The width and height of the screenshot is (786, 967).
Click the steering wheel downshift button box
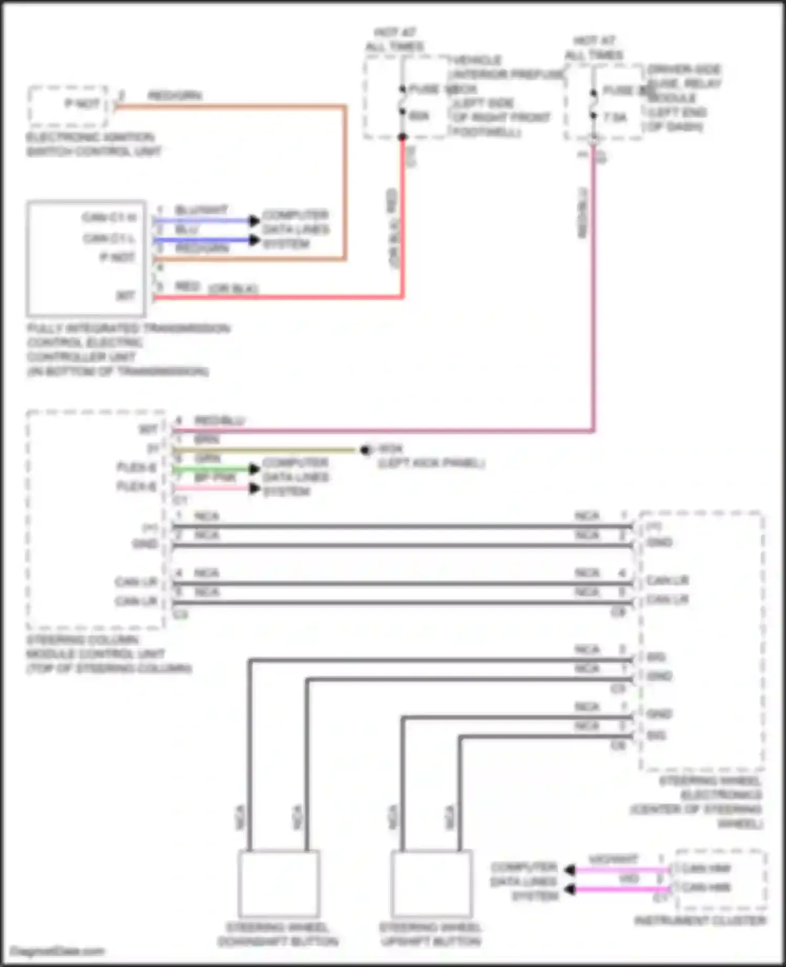[x=279, y=884]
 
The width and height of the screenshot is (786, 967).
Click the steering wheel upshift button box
[x=431, y=884]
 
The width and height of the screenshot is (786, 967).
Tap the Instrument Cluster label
[x=700, y=921]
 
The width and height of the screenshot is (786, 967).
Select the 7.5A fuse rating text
[x=615, y=117]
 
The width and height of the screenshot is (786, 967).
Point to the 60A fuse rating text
[x=419, y=116]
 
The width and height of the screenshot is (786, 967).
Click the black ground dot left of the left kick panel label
[x=365, y=449]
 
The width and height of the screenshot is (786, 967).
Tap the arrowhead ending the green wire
[x=255, y=468]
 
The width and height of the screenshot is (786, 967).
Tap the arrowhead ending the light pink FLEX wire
[x=255, y=488]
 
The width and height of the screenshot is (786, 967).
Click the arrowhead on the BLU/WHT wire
[x=255, y=221]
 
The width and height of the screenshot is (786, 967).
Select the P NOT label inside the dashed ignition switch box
[x=82, y=104]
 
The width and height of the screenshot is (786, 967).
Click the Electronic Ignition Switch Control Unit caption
[x=93, y=145]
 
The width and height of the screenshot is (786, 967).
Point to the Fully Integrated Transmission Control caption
[x=128, y=349]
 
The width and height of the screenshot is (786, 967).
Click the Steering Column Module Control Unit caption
[x=108, y=654]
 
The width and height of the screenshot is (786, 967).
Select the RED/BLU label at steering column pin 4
[x=220, y=421]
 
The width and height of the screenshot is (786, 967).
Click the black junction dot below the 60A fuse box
[x=402, y=137]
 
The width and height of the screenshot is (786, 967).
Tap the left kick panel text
[x=431, y=464]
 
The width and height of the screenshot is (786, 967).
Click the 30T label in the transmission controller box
[x=126, y=296]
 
